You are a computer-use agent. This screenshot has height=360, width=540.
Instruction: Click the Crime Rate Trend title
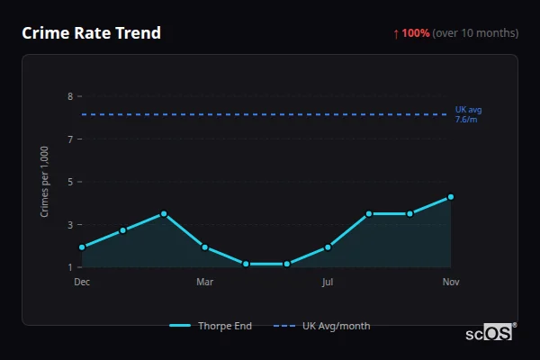click(92, 33)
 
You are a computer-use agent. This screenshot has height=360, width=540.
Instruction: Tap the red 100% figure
click(415, 33)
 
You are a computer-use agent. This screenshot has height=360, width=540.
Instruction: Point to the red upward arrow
click(395, 33)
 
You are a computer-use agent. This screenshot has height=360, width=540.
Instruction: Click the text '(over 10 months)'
click(475, 33)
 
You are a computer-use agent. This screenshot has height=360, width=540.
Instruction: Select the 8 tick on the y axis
click(70, 96)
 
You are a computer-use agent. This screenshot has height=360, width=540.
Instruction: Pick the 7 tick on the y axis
click(70, 139)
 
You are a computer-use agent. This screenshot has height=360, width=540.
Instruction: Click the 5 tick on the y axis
click(70, 182)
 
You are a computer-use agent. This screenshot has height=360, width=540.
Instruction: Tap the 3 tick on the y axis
click(70, 225)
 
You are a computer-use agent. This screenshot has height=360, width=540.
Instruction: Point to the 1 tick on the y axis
click(70, 267)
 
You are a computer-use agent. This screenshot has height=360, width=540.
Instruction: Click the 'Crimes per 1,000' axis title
click(45, 182)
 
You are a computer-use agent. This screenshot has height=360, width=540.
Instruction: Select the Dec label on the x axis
click(82, 283)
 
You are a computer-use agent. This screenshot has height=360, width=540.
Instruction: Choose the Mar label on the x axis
click(204, 283)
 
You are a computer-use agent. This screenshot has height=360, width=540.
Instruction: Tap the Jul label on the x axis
click(328, 283)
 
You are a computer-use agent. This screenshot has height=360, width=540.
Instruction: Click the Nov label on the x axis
click(451, 283)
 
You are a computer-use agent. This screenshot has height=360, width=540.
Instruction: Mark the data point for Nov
click(451, 196)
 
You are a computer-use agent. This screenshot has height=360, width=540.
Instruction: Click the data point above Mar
click(204, 247)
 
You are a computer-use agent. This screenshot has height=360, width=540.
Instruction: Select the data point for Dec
click(82, 247)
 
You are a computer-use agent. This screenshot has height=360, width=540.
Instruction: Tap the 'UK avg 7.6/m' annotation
click(468, 114)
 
